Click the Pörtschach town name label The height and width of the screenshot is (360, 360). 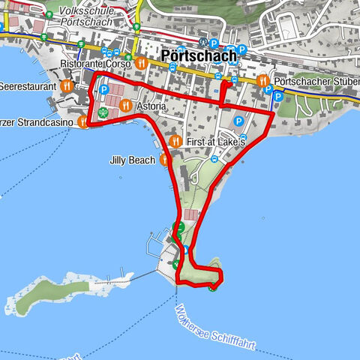click(199, 55)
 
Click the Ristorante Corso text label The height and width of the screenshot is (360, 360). click(96, 64)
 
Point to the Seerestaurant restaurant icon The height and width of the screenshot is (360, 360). click(67, 86)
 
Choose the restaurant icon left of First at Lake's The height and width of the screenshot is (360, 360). click(175, 141)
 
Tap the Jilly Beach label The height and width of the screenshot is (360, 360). click(132, 160)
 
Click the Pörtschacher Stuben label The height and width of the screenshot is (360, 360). click(315, 80)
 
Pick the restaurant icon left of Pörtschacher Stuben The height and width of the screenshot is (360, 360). click(262, 80)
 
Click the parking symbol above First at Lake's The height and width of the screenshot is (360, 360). click(239, 121)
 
